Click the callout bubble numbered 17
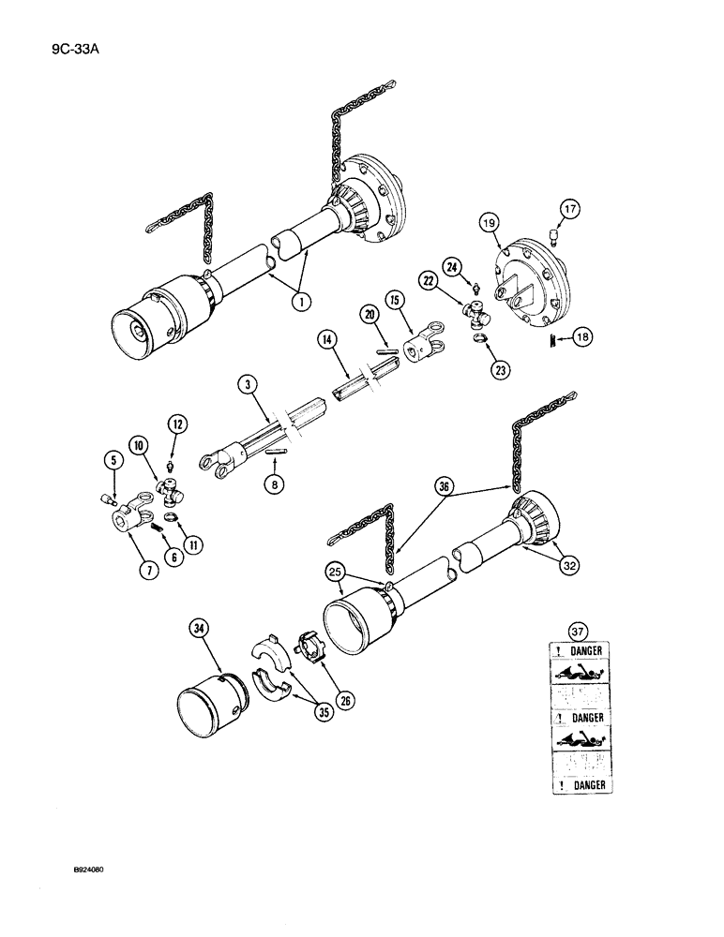[570, 208]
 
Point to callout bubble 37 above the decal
[575, 629]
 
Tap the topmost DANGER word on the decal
[582, 649]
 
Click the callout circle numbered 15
[395, 300]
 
